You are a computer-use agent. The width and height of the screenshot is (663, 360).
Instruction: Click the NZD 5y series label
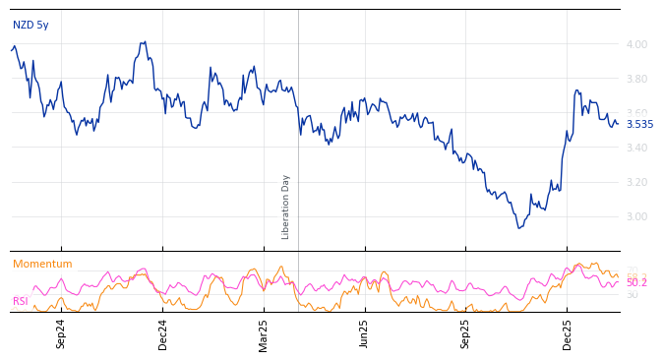point(30,25)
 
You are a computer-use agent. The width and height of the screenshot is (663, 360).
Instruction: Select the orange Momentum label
point(42,264)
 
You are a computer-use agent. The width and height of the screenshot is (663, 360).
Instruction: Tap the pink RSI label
point(21,301)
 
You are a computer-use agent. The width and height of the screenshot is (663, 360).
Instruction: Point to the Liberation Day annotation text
point(286,207)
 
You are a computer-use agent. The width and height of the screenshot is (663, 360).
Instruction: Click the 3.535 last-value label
point(639,124)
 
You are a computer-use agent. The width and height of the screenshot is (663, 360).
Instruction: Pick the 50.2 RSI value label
point(636,282)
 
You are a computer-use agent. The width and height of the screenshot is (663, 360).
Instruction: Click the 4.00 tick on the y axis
point(636,44)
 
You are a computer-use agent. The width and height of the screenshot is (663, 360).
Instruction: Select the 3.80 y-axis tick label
point(636,79)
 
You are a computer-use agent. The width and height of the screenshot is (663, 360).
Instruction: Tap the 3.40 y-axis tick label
point(636,148)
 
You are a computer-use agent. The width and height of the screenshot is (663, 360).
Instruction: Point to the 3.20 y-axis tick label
point(636,182)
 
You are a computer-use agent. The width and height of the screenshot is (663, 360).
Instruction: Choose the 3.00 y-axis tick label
point(636,216)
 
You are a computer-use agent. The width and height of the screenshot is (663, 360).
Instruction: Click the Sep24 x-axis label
point(61,333)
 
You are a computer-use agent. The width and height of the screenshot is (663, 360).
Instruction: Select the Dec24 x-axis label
point(163,333)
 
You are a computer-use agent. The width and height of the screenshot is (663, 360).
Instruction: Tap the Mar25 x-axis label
point(264,333)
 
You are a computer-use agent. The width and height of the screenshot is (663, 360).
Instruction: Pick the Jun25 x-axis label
point(365,333)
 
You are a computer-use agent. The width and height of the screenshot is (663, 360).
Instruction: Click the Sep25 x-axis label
point(466,333)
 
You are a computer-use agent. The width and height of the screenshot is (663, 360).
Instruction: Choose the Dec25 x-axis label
point(568,333)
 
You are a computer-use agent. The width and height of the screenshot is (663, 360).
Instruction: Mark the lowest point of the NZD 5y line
point(518,228)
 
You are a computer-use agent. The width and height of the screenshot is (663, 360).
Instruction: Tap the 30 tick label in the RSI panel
point(632,294)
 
